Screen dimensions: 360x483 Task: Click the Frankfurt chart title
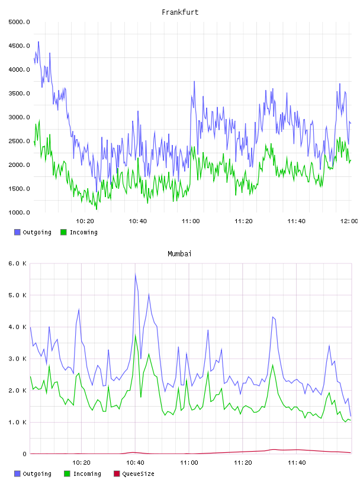180,12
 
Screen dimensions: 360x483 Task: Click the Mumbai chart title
179,254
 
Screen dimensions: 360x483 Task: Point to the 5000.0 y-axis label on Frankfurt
19,22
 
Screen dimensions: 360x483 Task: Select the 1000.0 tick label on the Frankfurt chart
19,212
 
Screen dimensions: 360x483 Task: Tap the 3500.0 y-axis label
19,94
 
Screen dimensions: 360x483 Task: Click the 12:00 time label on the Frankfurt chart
349,221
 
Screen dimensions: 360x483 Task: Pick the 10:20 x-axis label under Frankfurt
85,221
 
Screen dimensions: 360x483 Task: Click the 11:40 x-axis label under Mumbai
297,463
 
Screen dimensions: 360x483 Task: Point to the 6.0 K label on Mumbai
18,263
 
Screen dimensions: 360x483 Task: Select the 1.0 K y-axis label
18,422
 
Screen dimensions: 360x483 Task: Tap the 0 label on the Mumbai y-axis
24,454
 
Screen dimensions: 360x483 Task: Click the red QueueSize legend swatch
117,474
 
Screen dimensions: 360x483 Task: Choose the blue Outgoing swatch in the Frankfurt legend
17,232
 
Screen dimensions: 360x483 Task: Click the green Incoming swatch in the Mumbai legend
67,474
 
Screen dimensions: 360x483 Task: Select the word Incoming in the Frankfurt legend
83,233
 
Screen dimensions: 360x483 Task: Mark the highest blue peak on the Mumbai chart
136,274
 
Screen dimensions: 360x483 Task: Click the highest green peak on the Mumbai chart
136,335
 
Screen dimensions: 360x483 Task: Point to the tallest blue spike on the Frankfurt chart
38,41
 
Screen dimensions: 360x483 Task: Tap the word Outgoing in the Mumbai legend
37,474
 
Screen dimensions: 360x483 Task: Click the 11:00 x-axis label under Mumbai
189,463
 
